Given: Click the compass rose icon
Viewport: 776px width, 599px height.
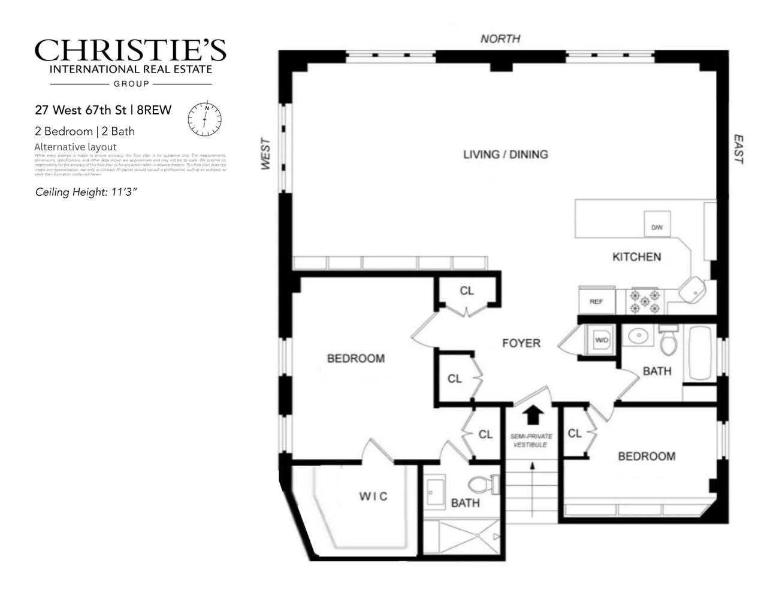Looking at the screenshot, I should [x=204, y=119].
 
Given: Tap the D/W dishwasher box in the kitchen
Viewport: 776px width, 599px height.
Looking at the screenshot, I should [x=657, y=226].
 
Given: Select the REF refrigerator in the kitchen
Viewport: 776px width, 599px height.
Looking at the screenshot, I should [x=596, y=301].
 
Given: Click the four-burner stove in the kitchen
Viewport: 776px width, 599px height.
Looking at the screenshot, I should [x=645, y=301].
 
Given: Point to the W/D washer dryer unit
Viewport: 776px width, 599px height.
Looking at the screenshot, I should [x=600, y=340].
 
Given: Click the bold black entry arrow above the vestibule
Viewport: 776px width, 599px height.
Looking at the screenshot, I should [x=533, y=415].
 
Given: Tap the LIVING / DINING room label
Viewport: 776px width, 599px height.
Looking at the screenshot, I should [x=505, y=154].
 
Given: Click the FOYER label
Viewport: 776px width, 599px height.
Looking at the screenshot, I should [x=521, y=343].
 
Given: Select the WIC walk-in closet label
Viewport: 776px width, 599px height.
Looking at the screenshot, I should [x=373, y=496].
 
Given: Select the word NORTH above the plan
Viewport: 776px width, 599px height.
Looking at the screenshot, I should [x=500, y=39].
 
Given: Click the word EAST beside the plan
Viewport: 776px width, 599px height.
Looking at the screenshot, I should [x=739, y=150].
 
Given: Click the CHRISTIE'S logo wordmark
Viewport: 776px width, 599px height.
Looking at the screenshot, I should [x=130, y=52].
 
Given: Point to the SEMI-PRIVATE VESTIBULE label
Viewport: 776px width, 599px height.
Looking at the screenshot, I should [x=532, y=440].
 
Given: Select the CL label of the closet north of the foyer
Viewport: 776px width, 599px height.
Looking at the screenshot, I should [x=467, y=291].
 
